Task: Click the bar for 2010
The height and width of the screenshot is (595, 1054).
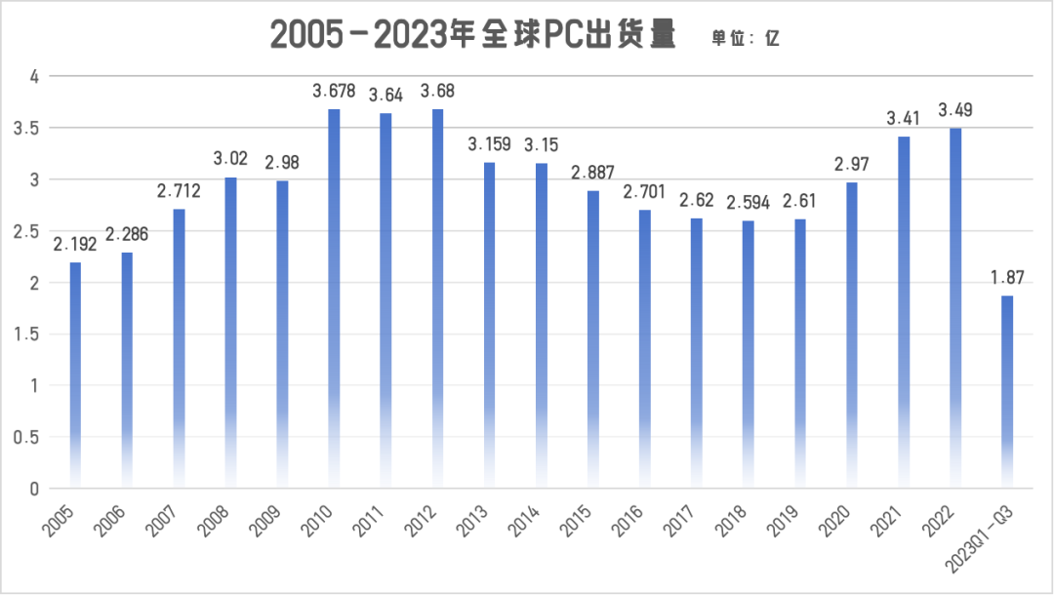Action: tap(334, 297)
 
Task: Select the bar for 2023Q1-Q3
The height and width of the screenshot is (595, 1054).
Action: tap(1007, 390)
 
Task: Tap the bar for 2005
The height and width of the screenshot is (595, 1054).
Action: tap(75, 375)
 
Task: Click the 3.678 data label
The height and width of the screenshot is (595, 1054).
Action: tap(334, 92)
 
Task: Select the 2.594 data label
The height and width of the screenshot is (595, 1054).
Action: tap(748, 203)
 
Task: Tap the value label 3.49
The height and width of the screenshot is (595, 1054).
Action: tap(955, 110)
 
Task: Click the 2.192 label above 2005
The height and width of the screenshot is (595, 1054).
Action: tap(75, 245)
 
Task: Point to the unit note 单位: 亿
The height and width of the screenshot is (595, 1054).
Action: tap(746, 38)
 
